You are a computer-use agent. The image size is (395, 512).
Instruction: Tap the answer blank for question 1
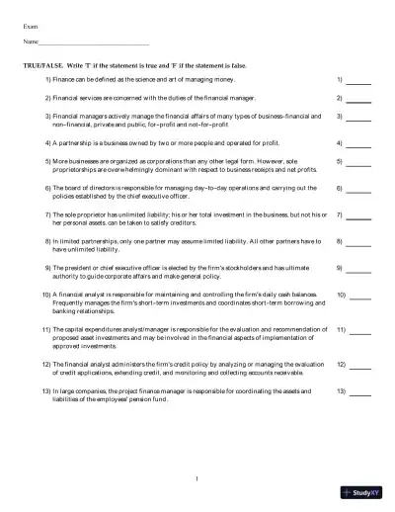[358, 80]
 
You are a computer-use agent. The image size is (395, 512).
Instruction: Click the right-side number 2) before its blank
[339, 98]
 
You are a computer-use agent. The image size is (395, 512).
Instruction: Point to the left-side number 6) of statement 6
[48, 186]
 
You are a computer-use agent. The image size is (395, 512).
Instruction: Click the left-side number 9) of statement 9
[48, 267]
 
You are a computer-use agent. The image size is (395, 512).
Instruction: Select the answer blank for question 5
[358, 162]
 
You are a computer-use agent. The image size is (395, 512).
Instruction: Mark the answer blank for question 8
[358, 243]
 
